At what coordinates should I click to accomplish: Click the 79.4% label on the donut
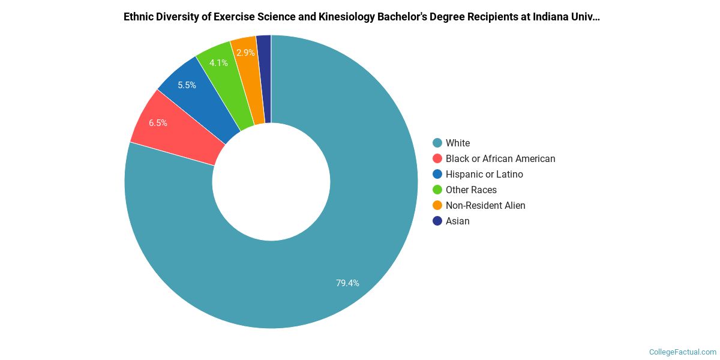pos(347,283)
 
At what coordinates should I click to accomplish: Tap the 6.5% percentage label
pos(158,123)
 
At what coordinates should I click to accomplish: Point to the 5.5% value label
pos(187,85)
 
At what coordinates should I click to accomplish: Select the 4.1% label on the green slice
pos(218,62)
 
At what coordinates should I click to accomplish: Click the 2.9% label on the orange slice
pos(245,53)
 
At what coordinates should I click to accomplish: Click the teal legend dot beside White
pos(437,143)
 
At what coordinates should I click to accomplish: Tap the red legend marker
pos(437,158)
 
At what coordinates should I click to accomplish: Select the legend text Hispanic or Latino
pos(484,174)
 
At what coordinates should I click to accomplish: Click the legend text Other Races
pos(471,190)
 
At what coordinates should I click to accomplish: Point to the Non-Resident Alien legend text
pos(485,205)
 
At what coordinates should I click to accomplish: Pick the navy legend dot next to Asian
pos(437,221)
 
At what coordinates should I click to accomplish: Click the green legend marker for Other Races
pos(437,190)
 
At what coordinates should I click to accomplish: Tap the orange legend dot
pos(437,205)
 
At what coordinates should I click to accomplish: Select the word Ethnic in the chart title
pos(139,17)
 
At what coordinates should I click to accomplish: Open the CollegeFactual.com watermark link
pos(682,352)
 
